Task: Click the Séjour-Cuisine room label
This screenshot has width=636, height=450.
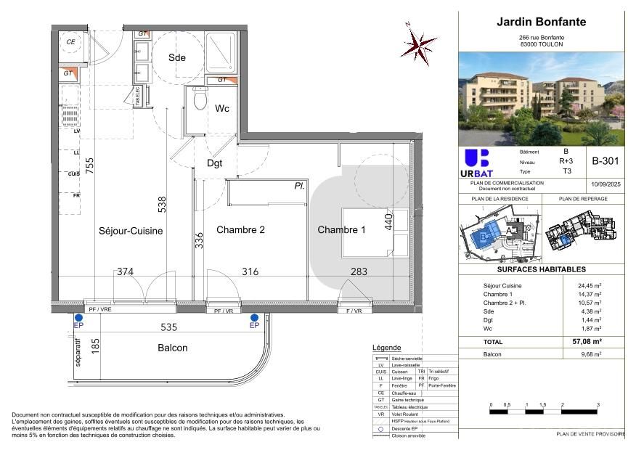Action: [x=131, y=231]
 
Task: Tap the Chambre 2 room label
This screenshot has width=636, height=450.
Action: [x=240, y=230]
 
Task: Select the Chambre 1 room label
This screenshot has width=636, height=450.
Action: [x=341, y=230]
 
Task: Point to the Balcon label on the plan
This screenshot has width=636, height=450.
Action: [x=173, y=348]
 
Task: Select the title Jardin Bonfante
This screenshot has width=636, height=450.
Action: [x=541, y=22]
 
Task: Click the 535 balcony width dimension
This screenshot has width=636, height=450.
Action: [x=168, y=327]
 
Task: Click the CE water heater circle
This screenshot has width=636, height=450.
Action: [x=71, y=42]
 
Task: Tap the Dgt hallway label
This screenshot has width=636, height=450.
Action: [x=214, y=163]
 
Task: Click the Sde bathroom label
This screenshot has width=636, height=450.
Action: [x=177, y=58]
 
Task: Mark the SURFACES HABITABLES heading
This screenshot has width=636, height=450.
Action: [x=541, y=269]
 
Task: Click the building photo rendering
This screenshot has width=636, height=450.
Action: [x=541, y=98]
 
